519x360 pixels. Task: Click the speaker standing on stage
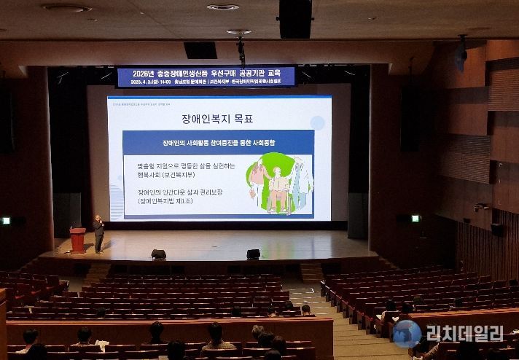(x=98, y=233)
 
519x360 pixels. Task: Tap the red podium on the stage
(x=77, y=240)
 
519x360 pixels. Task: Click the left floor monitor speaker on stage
(x=158, y=254)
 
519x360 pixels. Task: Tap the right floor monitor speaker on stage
(x=253, y=254)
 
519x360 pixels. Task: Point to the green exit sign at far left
(x=6, y=220)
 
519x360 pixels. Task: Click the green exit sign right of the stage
(x=415, y=218)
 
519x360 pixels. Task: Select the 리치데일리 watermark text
(x=465, y=334)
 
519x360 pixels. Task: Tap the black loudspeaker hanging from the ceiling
(x=294, y=18)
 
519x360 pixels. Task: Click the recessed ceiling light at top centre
(x=222, y=7)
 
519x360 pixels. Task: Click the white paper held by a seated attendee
(x=102, y=343)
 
